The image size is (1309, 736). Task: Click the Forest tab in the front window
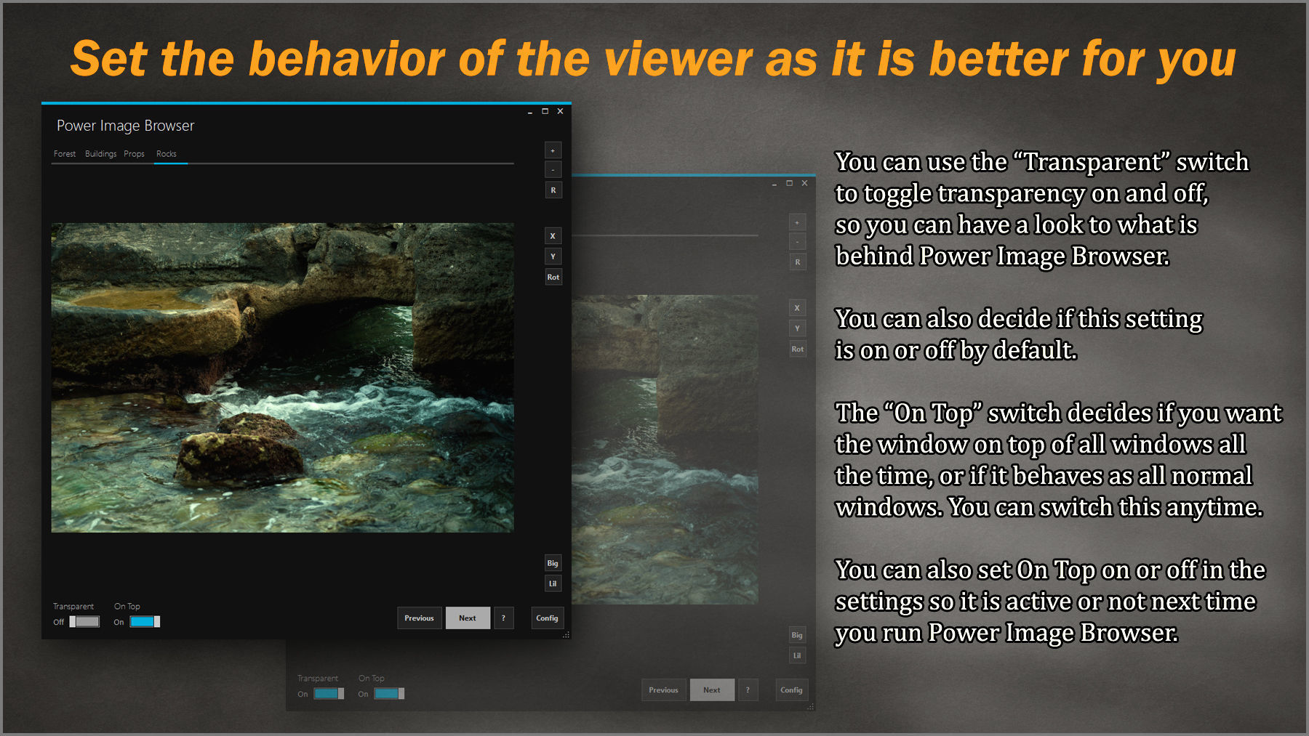tap(65, 154)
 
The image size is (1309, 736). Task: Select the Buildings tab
tap(100, 154)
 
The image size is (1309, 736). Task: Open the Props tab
tap(134, 154)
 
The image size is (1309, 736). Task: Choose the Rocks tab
tap(167, 154)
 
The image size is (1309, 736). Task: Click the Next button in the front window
tap(468, 618)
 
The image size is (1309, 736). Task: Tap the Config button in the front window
tap(547, 618)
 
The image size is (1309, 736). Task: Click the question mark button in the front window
tap(503, 618)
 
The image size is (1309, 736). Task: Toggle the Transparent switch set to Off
tap(85, 622)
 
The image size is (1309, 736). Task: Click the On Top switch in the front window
tap(145, 622)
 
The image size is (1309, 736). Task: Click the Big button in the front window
tap(553, 563)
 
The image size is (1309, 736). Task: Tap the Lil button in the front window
tap(553, 583)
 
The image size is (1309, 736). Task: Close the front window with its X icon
tap(560, 111)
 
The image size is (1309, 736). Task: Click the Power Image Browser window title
tap(125, 126)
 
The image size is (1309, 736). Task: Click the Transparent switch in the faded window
tap(329, 694)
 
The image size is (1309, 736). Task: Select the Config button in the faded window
tap(791, 690)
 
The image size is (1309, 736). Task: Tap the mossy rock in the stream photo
tap(240, 450)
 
